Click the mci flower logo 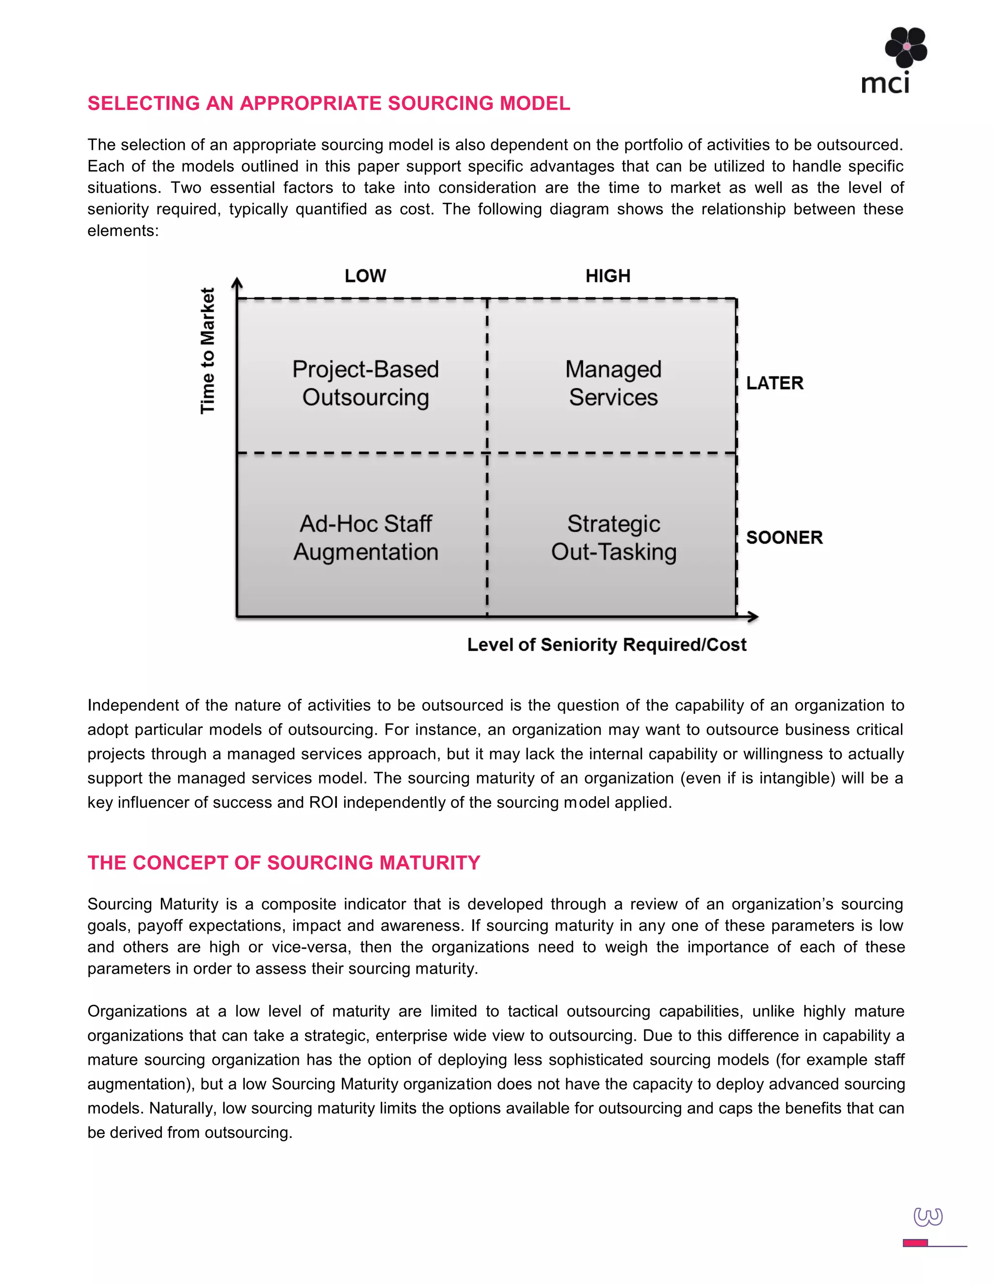click(x=905, y=47)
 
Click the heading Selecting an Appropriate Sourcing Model click(x=329, y=104)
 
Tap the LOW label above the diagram click(x=365, y=276)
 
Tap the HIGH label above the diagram click(x=608, y=276)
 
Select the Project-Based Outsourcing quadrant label click(x=365, y=383)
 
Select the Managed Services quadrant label click(x=613, y=383)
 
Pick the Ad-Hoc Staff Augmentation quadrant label click(x=365, y=537)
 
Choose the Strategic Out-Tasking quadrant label click(x=613, y=537)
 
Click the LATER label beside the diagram click(x=774, y=383)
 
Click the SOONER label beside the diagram click(x=784, y=537)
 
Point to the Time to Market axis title click(x=208, y=351)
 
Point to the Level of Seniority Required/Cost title click(x=607, y=645)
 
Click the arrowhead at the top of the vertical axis click(x=237, y=283)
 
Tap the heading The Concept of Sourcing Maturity click(x=284, y=863)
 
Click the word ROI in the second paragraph click(x=323, y=803)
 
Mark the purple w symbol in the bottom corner click(x=928, y=1217)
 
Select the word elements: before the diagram click(x=123, y=231)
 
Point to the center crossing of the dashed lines click(x=487, y=453)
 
